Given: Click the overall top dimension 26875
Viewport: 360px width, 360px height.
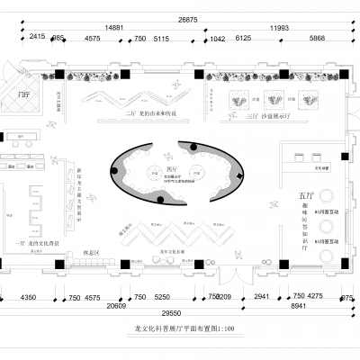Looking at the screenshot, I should (x=188, y=18).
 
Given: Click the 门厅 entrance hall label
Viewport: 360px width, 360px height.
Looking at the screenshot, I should (x=25, y=92).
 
